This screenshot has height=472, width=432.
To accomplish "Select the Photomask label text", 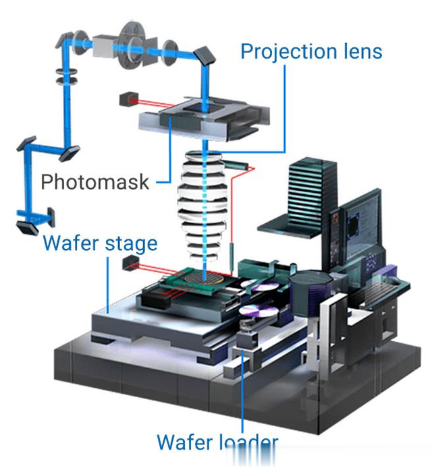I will [x=94, y=181].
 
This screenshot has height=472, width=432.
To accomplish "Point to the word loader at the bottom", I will [x=246, y=443].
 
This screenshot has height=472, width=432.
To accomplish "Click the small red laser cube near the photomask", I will [x=126, y=99].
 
